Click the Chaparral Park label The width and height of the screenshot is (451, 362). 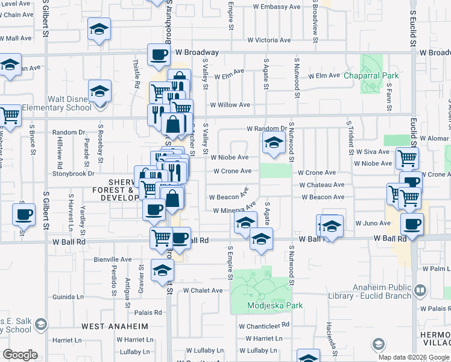coord(371,76)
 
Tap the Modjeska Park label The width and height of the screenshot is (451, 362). coord(275,305)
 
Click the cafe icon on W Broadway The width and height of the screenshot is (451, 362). coord(159,55)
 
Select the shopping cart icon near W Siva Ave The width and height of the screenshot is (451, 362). coord(407,159)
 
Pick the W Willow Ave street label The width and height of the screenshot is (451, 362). coord(230,104)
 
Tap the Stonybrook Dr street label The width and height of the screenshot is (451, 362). coord(74,173)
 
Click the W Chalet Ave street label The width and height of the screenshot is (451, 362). coord(203,290)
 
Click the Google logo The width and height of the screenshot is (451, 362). coord(20,355)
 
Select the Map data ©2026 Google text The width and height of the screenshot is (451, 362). coord(413,357)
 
